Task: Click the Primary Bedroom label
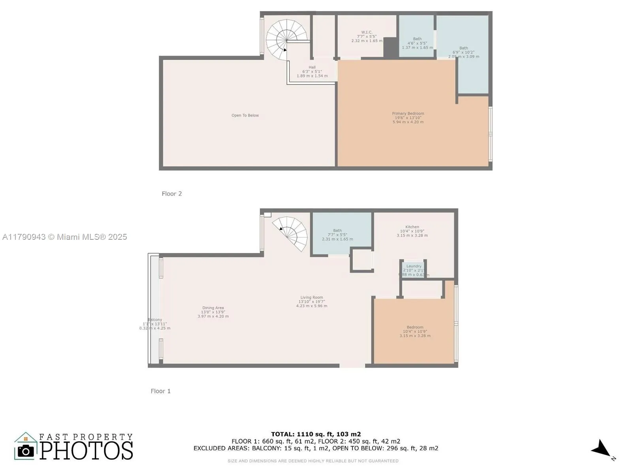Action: tap(408, 114)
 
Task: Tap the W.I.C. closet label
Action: tap(367, 32)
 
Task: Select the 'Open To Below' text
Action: tap(245, 115)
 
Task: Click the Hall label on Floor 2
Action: tap(312, 68)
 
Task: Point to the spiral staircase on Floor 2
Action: tap(286, 39)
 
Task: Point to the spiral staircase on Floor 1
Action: tap(292, 233)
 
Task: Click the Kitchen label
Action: tap(412, 227)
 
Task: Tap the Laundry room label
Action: tap(414, 266)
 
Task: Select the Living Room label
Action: tap(312, 297)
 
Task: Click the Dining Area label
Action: tap(213, 308)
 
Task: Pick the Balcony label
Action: tap(155, 320)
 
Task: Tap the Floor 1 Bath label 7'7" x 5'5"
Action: tap(337, 231)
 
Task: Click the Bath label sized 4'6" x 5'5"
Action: tap(417, 39)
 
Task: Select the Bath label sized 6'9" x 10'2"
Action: tap(463, 48)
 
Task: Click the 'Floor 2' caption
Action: tap(172, 194)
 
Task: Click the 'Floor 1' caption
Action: tap(161, 391)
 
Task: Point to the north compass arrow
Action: tap(601, 450)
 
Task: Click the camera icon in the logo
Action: tap(26, 451)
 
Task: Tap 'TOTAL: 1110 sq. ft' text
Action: tap(316, 434)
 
